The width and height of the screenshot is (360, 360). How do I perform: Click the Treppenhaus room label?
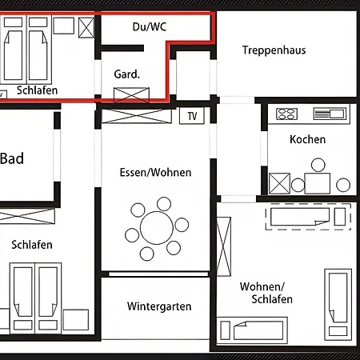pos(274,50)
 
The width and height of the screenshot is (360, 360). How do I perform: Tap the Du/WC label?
pos(150,26)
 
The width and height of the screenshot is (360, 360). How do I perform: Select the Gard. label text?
pos(127,74)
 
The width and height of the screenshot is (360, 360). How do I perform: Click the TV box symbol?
pos(192,116)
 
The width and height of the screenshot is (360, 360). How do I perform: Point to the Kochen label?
pos(308,139)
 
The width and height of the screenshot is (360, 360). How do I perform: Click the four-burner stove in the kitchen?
pos(286,114)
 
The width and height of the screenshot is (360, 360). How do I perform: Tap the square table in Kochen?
pos(318,182)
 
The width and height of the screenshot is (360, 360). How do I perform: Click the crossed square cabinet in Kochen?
pos(279,183)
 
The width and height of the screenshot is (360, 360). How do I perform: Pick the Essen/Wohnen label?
pos(155,172)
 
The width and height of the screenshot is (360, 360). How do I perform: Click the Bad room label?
pos(12,158)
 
